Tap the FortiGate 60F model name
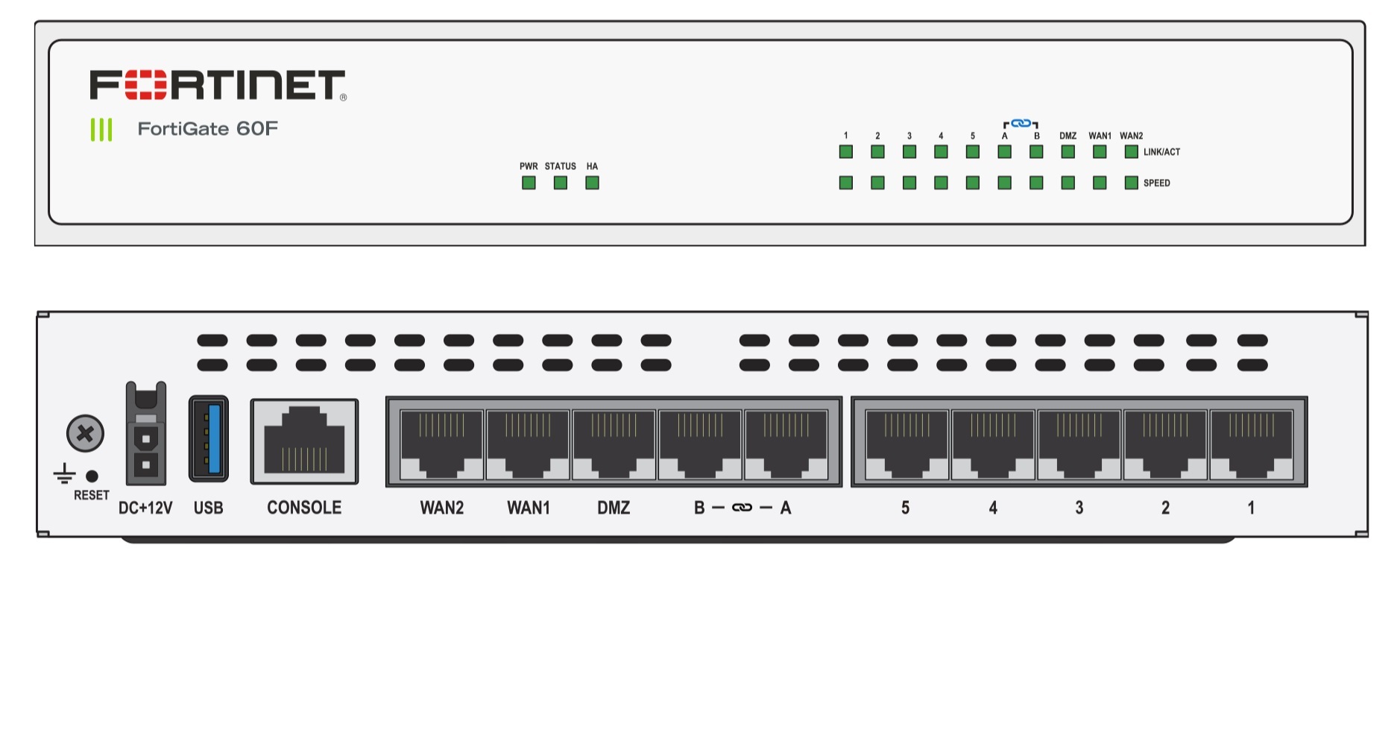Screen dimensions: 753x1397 coord(207,129)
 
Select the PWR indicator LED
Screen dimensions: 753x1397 coord(529,183)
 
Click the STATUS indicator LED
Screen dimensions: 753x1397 coord(561,183)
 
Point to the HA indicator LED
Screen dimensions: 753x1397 coord(592,183)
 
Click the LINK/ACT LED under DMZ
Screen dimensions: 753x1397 coord(1068,152)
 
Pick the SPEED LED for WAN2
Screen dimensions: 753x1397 coord(1131,183)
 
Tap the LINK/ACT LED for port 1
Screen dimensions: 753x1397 coord(845,152)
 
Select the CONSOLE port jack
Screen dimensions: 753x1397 coord(304,441)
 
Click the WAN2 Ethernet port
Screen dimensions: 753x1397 coord(441,444)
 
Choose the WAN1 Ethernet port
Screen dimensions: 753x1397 coord(528,444)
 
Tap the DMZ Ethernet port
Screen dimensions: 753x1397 coord(614,444)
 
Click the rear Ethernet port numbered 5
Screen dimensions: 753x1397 coord(906,444)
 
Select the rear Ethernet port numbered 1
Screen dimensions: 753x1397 coord(1251,444)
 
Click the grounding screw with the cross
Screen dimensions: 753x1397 coord(85,433)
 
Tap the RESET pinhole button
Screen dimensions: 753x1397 coord(92,476)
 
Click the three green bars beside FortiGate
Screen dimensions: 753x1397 coord(101,130)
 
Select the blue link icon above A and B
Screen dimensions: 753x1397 coord(1021,123)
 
